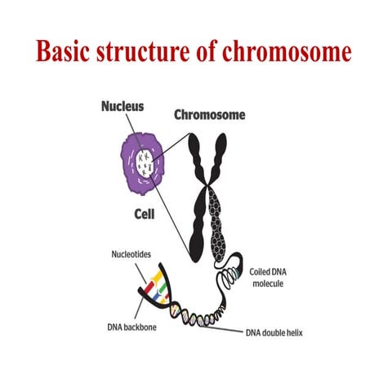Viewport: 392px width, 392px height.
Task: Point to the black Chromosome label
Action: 210,115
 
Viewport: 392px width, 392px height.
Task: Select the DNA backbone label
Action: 136,327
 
